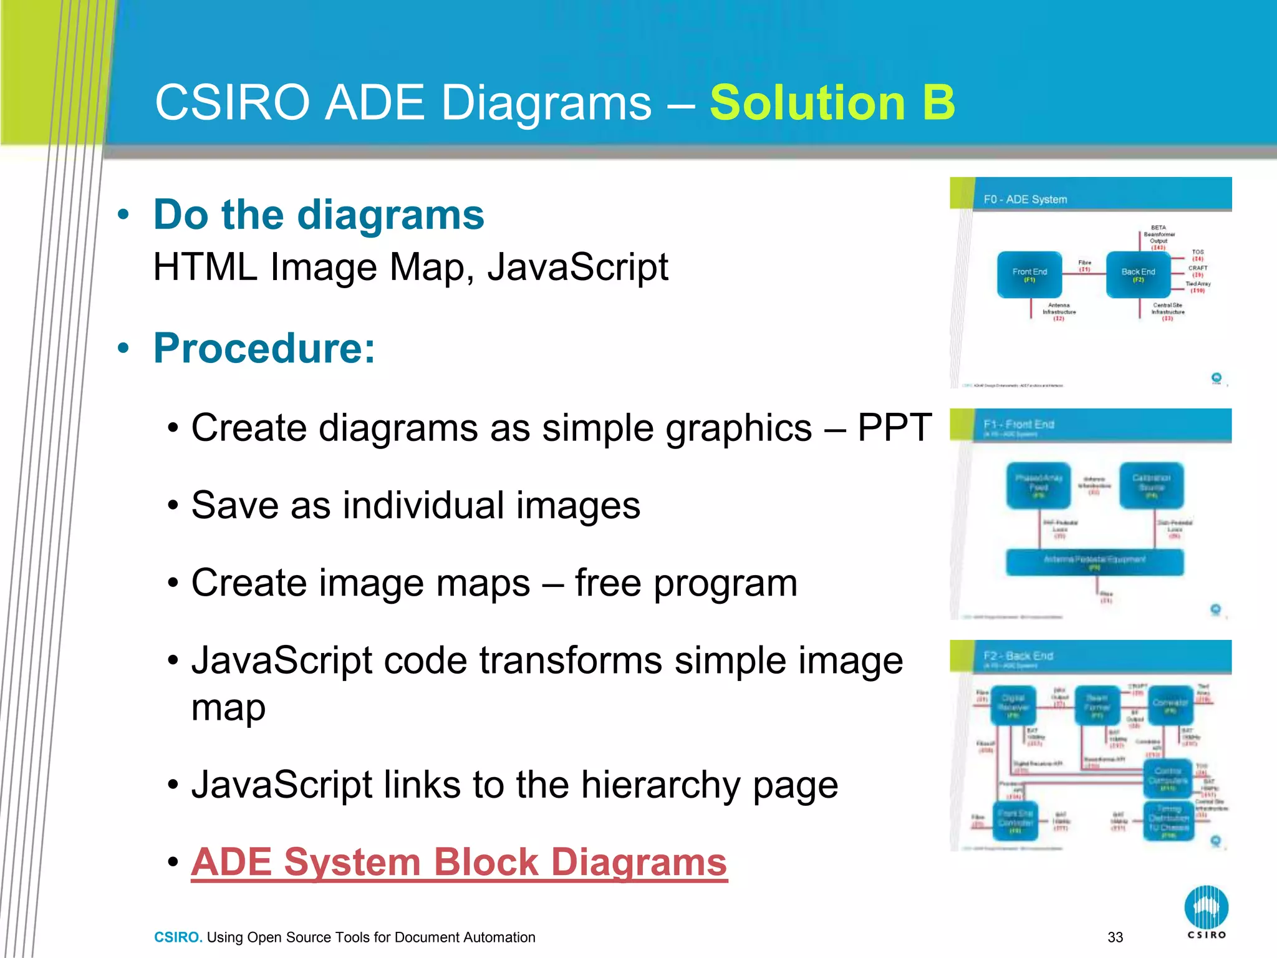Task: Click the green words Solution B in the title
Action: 832,103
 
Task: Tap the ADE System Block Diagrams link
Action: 459,863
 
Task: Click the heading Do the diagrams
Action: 319,215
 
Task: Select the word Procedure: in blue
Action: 264,348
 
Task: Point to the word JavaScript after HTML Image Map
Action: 577,268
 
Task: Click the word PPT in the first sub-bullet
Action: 894,428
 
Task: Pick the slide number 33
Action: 1115,937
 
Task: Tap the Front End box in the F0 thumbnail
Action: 1029,274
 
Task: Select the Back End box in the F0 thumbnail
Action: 1138,274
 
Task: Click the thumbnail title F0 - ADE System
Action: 1025,200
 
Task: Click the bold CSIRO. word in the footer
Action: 178,937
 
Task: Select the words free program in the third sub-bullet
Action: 686,583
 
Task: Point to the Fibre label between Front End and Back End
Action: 1085,266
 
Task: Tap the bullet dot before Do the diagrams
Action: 123,215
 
